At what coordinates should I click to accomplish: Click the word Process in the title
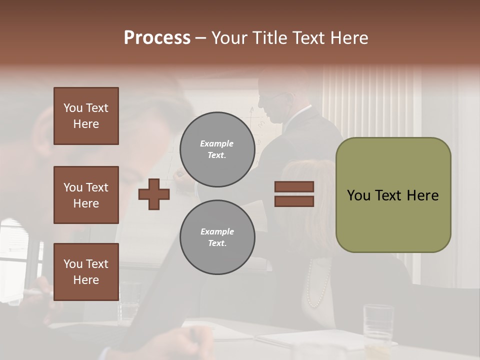(157, 38)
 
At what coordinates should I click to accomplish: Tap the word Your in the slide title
(229, 38)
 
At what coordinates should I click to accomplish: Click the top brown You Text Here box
(86, 116)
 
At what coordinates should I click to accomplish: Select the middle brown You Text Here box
(86, 195)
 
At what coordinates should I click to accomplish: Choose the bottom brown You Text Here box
(86, 272)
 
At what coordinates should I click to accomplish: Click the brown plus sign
(154, 194)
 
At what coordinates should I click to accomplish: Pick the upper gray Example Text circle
(217, 149)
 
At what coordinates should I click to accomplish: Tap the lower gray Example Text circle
(217, 237)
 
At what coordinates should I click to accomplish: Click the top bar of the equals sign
(294, 186)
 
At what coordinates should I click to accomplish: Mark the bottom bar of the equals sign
(294, 201)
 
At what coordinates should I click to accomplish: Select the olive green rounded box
(393, 195)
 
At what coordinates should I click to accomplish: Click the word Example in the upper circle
(217, 143)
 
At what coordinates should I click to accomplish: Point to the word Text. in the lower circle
(217, 243)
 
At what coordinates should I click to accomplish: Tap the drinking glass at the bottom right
(378, 322)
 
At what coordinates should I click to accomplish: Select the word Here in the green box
(422, 195)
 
